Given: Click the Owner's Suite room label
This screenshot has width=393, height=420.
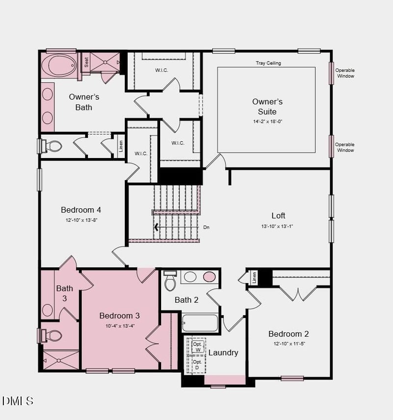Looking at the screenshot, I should tap(267, 106).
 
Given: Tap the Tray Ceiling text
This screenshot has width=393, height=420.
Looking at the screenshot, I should tap(268, 63).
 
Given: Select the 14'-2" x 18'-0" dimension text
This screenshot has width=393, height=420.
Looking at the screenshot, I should tap(267, 121).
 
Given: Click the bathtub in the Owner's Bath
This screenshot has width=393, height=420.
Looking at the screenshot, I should tap(59, 65).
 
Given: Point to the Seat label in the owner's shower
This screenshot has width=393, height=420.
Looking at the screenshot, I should tap(86, 62).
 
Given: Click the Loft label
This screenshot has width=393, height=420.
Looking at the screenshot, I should tap(278, 215).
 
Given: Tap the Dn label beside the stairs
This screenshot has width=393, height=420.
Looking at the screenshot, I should tap(206, 227).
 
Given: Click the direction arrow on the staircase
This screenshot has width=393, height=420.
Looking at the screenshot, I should tap(157, 227).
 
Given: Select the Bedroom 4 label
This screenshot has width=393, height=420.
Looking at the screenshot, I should tap(81, 210).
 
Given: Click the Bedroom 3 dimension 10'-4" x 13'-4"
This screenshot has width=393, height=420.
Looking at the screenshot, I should tap(119, 325).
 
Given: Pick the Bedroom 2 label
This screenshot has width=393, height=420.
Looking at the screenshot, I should tap(288, 334).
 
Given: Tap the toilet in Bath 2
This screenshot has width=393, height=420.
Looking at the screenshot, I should tap(170, 282).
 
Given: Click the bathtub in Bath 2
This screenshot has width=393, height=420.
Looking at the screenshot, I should tap(199, 323).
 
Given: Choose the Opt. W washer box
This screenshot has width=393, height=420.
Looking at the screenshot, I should tap(197, 347).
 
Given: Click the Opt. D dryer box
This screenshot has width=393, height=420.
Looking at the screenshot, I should tap(197, 365).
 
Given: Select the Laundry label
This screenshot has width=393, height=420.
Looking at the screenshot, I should tap(223, 353).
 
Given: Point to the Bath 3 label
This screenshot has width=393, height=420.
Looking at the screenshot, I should tap(64, 293).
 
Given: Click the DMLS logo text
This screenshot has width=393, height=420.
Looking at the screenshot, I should tap(18, 401).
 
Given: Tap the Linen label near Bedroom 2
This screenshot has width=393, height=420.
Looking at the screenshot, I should tap(254, 278).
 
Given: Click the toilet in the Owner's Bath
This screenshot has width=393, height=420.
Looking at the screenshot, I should tap(52, 146).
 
